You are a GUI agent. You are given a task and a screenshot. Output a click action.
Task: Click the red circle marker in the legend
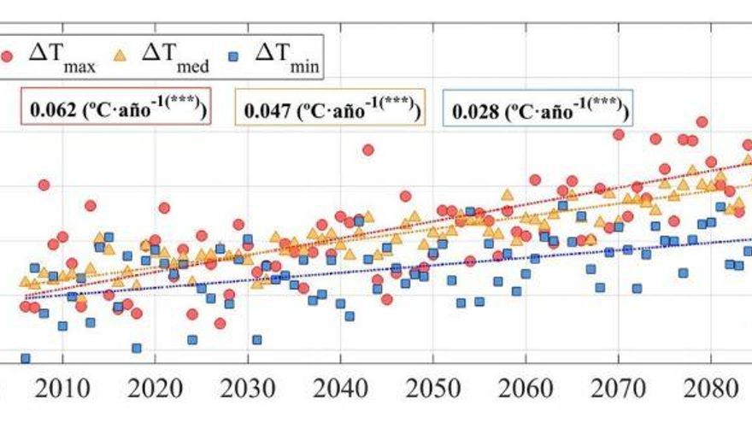pyautogui.click(x=8, y=57)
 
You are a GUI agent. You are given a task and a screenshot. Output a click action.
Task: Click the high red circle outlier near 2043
pyautogui.click(x=367, y=150)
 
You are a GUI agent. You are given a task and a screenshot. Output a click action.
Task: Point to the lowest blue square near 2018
pyautogui.click(x=137, y=348)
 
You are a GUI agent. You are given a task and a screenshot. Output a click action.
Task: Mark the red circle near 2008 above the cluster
pyautogui.click(x=44, y=185)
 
